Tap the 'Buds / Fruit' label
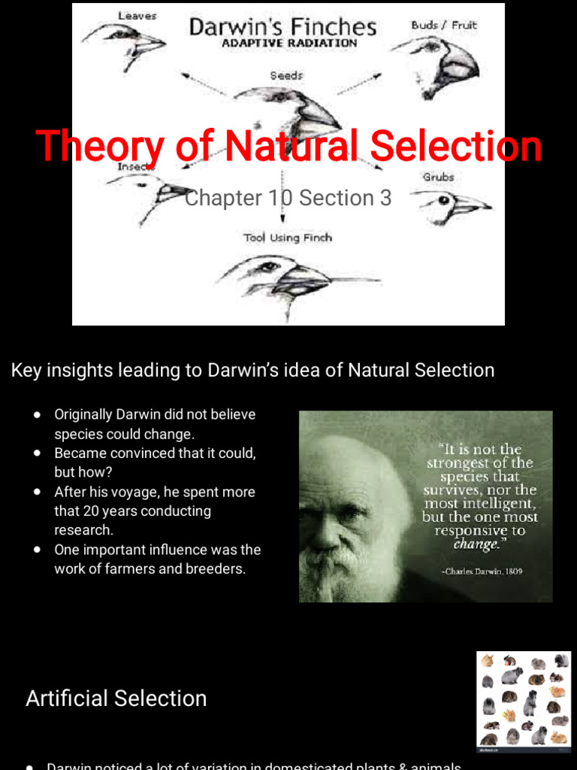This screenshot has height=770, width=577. click(x=444, y=25)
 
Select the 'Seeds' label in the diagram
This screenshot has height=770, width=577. click(x=286, y=76)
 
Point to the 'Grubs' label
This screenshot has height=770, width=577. click(x=438, y=177)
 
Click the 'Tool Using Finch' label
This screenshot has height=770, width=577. click(x=287, y=238)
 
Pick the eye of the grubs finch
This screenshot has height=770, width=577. click(x=443, y=200)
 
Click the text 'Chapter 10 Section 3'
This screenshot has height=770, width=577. click(x=288, y=198)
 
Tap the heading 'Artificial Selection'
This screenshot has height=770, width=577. click(x=116, y=698)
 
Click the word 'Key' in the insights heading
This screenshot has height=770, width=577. click(x=25, y=370)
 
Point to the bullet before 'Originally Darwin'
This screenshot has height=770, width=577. click(x=38, y=415)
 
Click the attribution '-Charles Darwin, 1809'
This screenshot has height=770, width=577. click(x=482, y=571)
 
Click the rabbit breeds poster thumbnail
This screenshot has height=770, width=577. click(x=524, y=702)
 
